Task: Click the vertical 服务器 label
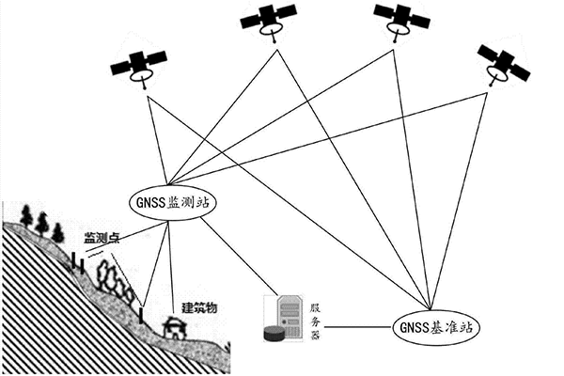coord(316,320)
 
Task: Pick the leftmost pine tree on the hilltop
coord(27,218)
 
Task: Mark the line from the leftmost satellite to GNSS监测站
coord(157,136)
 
